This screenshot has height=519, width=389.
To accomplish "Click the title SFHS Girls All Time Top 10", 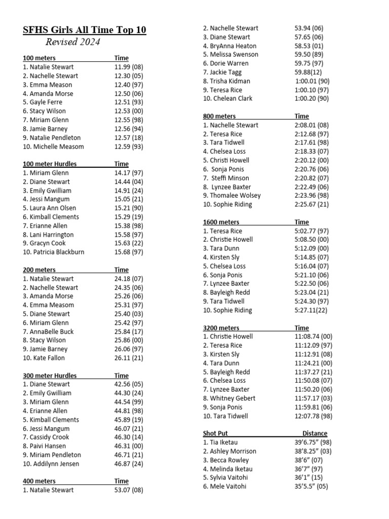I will coord(85,30).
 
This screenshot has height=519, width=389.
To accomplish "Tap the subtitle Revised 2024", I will coord(73,42).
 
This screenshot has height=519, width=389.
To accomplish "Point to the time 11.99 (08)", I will coord(129,67).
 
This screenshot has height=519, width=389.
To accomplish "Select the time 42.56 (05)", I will coord(129,385).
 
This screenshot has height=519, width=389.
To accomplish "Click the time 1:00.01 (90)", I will coord(312,81).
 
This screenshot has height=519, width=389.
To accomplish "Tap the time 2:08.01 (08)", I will coord(312,125).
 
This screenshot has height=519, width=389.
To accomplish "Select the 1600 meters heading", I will coord(221,223).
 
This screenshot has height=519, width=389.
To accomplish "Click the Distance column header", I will coord(315,434).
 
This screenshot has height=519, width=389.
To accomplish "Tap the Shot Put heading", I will coord(215,434).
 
